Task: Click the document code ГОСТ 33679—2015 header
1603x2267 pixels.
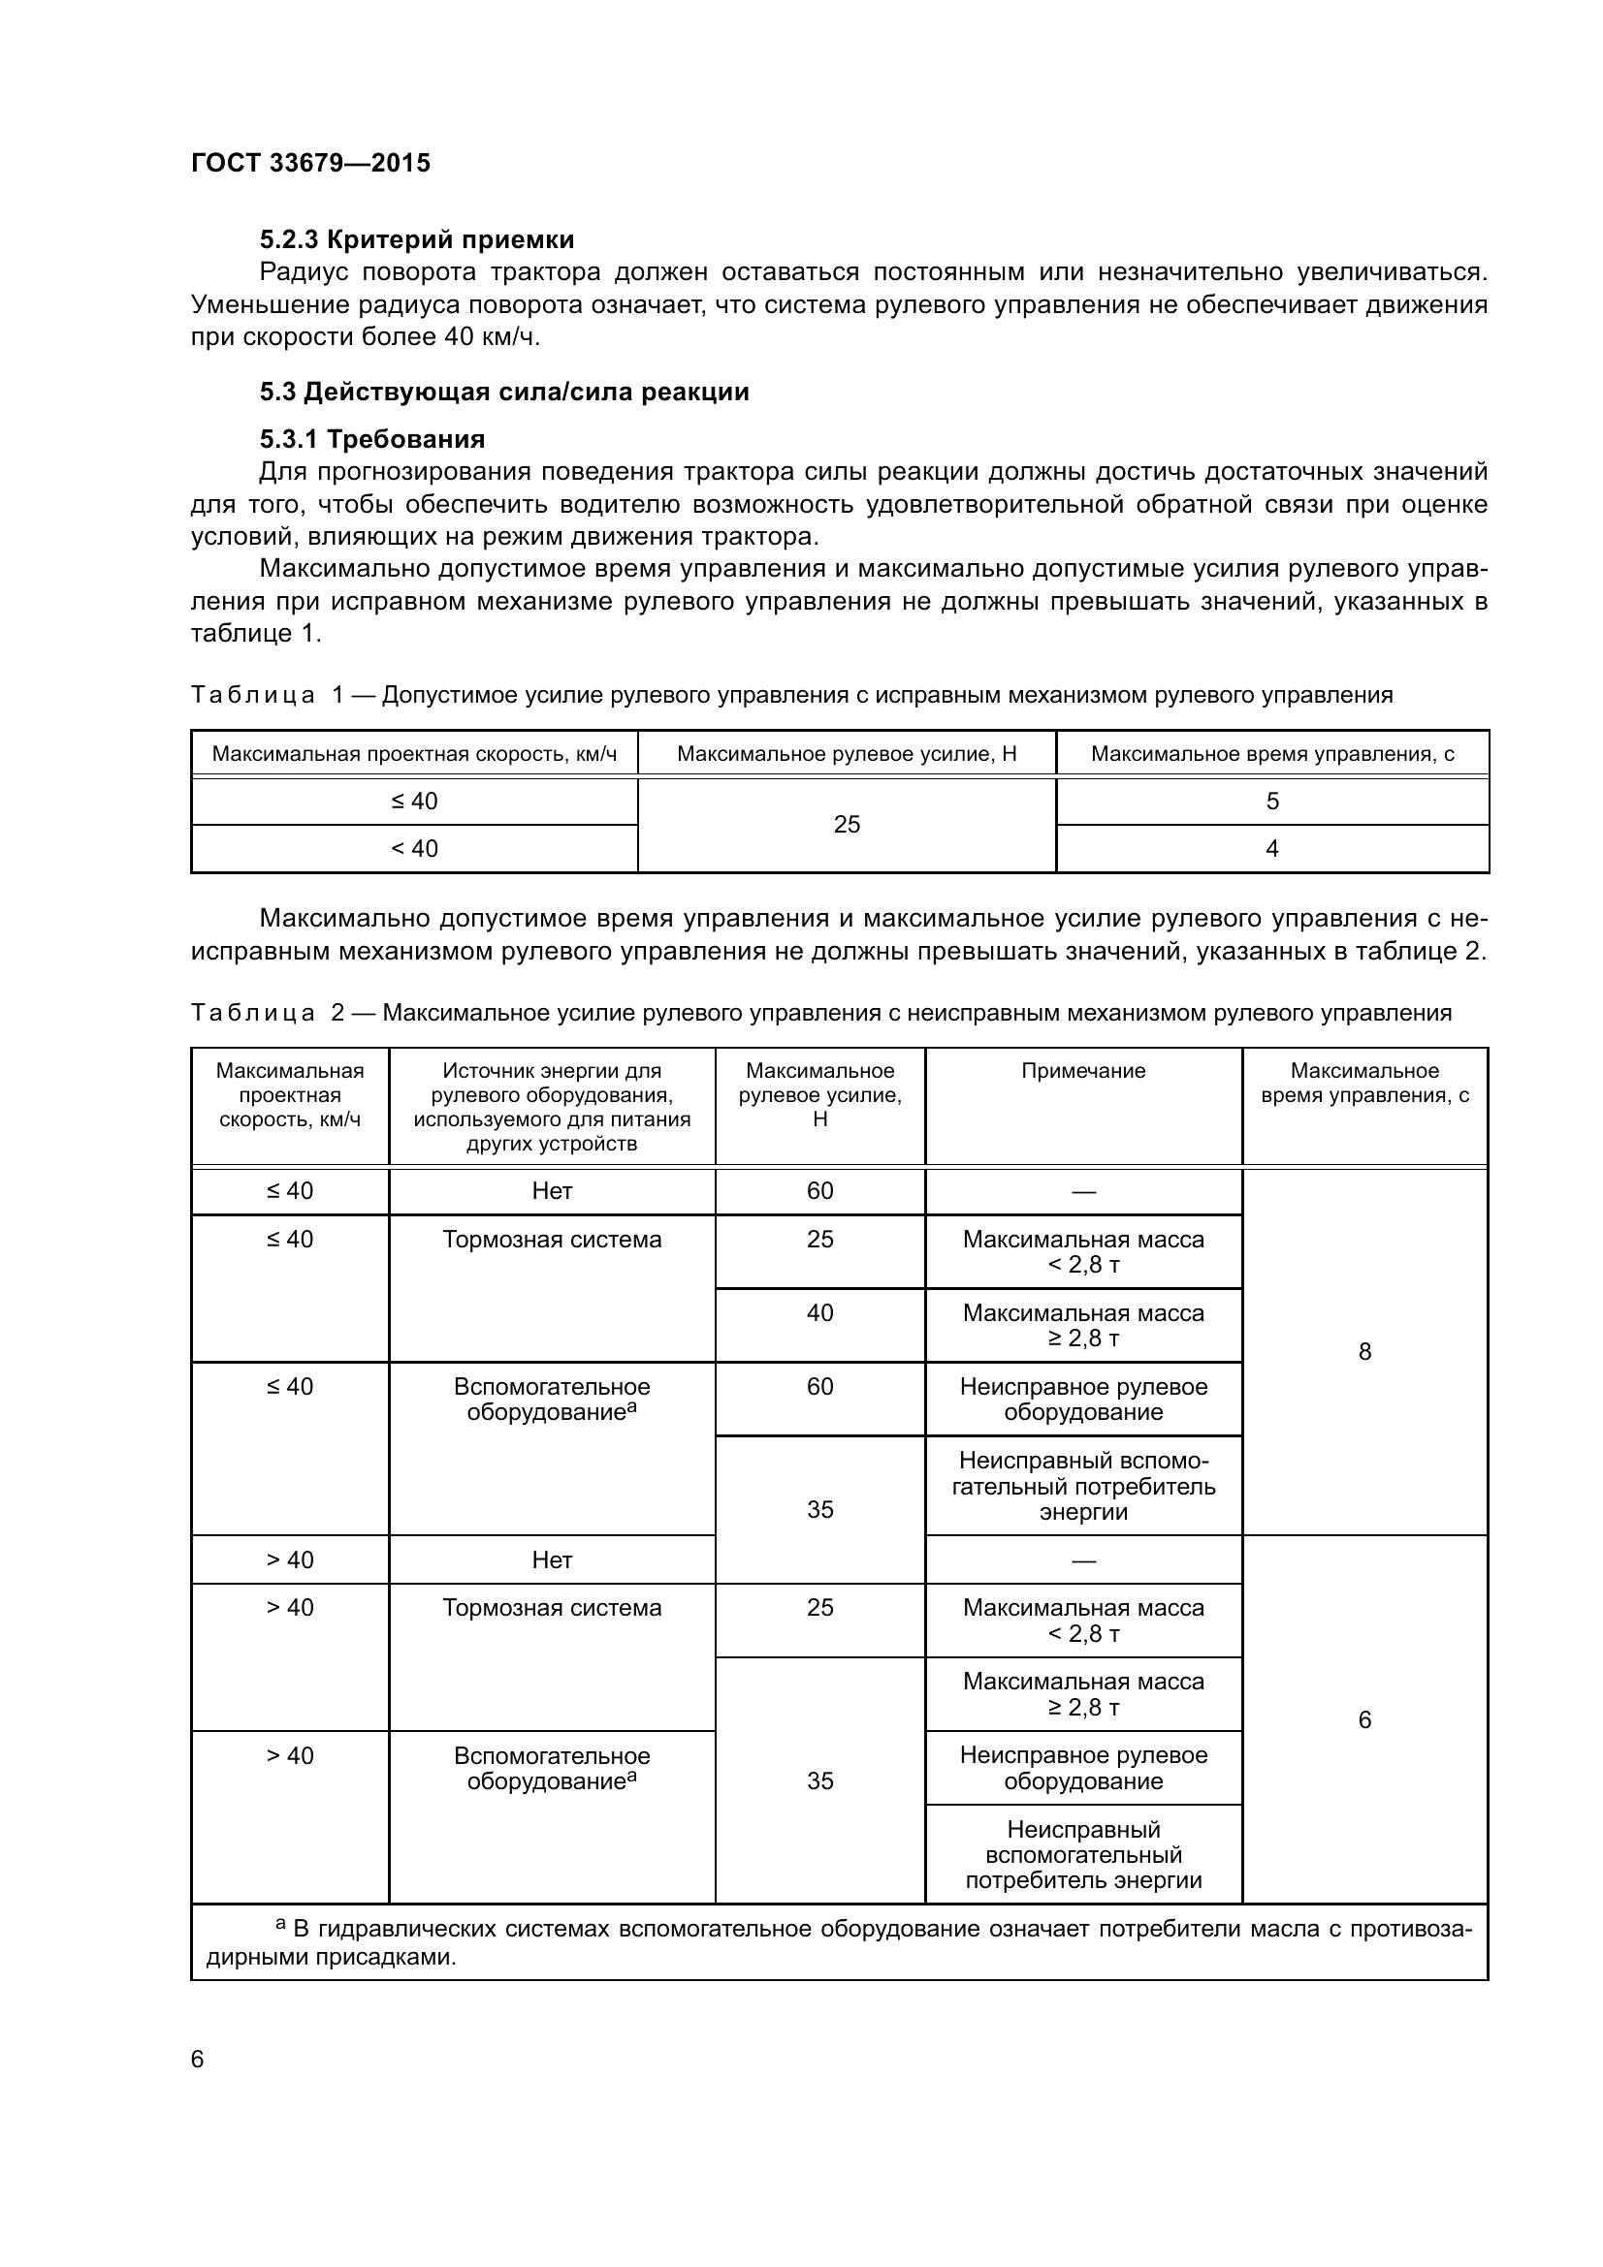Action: (x=310, y=163)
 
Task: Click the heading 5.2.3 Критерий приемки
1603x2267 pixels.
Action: (x=416, y=239)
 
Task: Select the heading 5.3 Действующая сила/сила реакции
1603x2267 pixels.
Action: (x=503, y=392)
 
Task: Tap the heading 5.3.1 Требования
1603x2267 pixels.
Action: (x=371, y=438)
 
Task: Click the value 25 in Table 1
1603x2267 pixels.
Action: (x=847, y=825)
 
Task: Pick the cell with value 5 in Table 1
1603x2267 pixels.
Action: (x=1272, y=801)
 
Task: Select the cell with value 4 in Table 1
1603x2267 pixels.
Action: (x=1272, y=848)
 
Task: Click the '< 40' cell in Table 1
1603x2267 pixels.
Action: (x=414, y=848)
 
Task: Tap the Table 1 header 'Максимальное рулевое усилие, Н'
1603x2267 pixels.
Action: (x=847, y=754)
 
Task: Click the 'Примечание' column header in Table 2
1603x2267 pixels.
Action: (x=1083, y=1071)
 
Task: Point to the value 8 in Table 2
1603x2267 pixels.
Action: (x=1365, y=1352)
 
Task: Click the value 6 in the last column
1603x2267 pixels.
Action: (x=1365, y=1720)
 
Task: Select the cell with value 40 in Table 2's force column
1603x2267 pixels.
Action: (x=819, y=1313)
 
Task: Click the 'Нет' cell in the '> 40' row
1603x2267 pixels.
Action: (x=552, y=1560)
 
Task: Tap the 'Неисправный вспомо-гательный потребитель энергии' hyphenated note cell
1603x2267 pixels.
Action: (x=1083, y=1486)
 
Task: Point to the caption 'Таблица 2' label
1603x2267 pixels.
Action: (x=267, y=1012)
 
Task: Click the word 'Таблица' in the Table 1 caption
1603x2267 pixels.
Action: (x=253, y=695)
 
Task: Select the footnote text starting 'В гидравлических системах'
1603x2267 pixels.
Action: (x=830, y=1942)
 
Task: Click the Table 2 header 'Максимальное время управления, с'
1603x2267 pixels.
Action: (x=1365, y=1084)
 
